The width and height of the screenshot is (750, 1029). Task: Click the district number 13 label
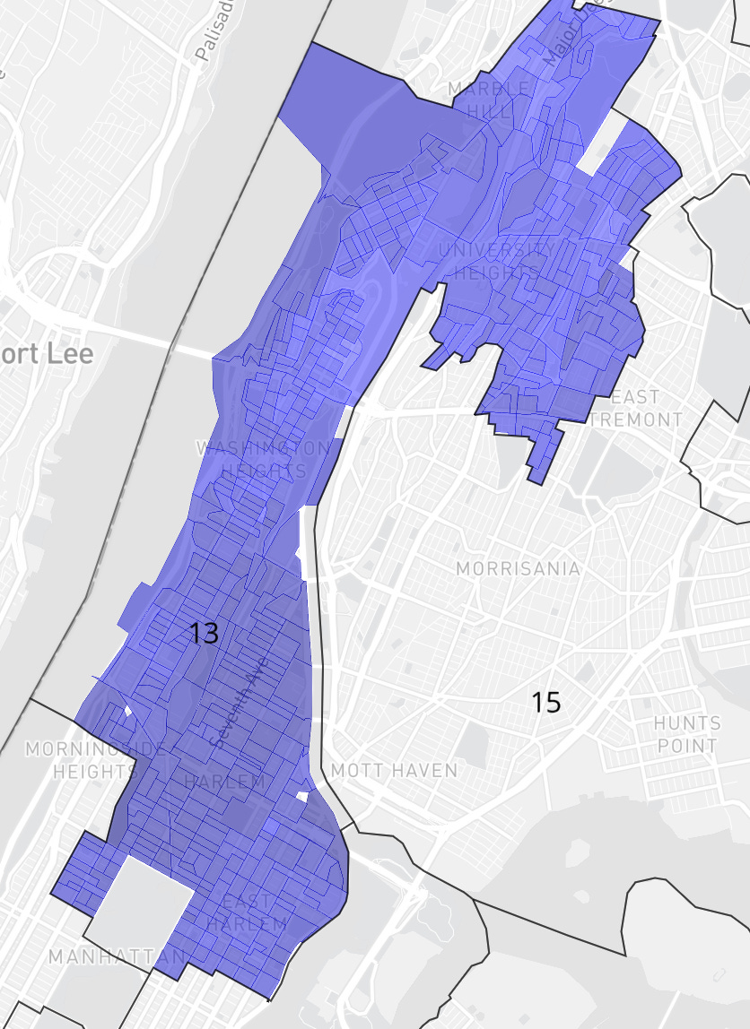click(205, 633)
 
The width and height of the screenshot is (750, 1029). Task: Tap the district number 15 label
click(545, 702)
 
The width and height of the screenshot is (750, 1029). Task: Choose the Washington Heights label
click(262, 458)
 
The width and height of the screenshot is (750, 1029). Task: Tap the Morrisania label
click(518, 569)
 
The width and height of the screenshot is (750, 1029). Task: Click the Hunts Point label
click(687, 733)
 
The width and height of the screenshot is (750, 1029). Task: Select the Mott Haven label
click(394, 770)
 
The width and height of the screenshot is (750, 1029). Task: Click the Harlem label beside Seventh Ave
click(224, 782)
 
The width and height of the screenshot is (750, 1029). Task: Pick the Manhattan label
click(115, 957)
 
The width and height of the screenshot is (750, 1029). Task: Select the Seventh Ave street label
click(229, 712)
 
